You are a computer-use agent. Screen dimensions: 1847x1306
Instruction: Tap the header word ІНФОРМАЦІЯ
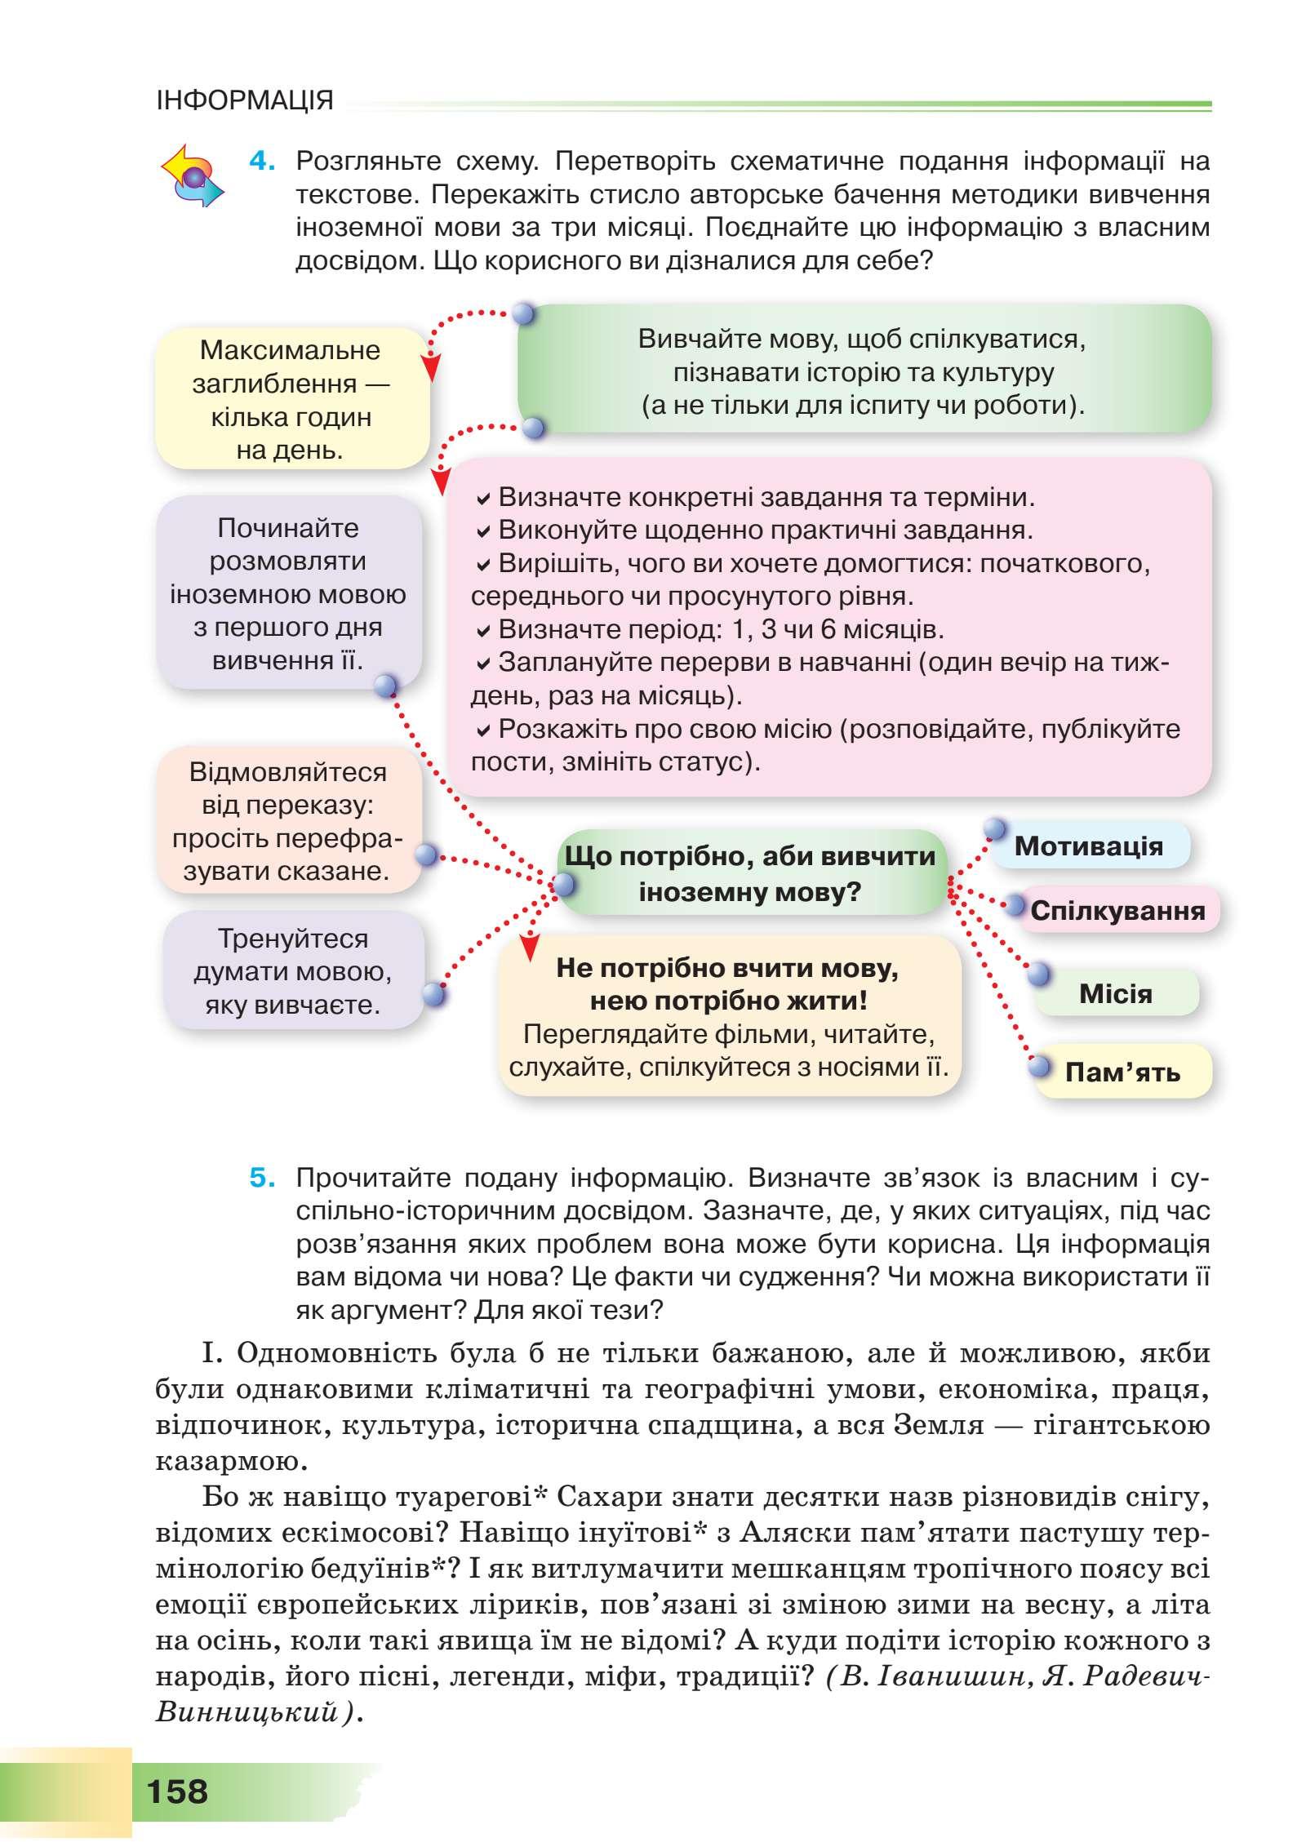245,100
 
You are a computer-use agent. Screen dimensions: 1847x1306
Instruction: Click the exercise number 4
262,161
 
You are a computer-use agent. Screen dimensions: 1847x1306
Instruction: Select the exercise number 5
262,1178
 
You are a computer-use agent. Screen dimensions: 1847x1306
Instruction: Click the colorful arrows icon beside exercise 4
192,176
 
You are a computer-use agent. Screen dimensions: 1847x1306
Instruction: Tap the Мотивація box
1089,846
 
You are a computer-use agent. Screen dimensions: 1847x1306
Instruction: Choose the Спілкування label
1117,910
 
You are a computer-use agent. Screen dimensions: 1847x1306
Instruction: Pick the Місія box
1115,993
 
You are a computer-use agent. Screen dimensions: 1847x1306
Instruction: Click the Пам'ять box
1122,1072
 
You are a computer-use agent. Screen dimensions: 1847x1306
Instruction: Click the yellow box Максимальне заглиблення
291,399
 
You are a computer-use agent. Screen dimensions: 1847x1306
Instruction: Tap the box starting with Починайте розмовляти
288,593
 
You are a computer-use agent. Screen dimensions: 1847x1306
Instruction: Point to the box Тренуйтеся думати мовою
292,971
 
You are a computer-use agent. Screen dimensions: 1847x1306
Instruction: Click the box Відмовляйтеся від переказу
288,821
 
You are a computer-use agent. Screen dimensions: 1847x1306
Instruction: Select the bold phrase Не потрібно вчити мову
726,968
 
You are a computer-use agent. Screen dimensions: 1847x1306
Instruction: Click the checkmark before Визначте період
483,631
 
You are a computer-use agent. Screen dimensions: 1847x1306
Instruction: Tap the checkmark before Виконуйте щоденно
483,531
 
